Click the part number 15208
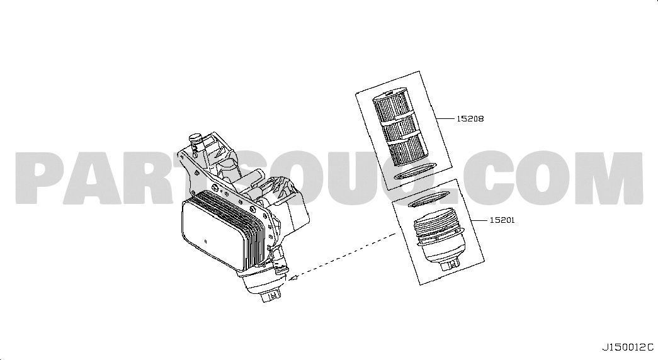(470, 119)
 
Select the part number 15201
(502, 220)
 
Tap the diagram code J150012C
(628, 347)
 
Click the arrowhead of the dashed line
(293, 277)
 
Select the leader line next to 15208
(446, 119)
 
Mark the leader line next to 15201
(479, 220)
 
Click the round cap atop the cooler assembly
(195, 138)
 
